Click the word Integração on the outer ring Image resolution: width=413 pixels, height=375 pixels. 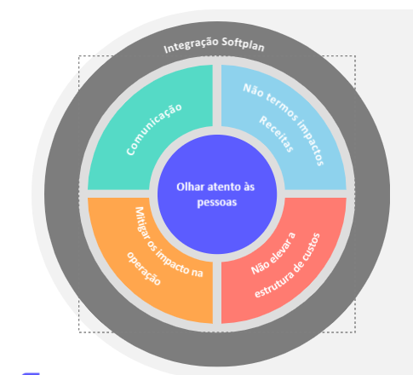[191, 45]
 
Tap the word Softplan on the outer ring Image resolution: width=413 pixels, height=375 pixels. [243, 44]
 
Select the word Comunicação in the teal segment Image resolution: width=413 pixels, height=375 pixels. [154, 130]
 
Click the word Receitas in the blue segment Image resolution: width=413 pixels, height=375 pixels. [276, 134]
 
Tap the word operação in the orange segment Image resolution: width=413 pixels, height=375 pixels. [144, 268]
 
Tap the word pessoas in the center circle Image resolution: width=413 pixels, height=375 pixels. [217, 203]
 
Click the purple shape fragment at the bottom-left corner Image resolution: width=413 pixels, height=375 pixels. [31, 373]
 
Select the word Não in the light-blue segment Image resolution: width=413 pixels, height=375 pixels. [253, 90]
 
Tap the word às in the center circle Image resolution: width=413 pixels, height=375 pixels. [250, 187]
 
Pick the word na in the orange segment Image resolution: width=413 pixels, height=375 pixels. [197, 273]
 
